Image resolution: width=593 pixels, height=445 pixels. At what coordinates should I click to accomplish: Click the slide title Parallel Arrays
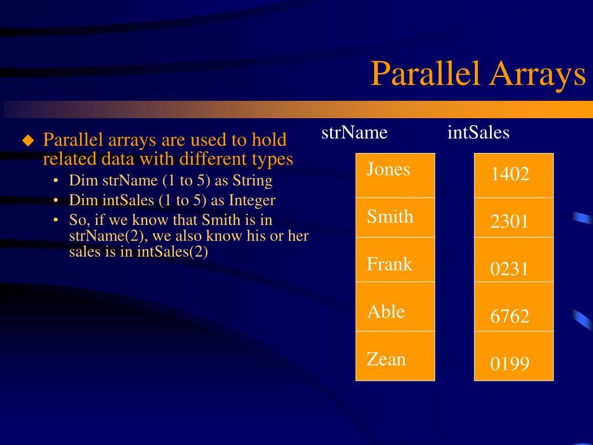coord(478,74)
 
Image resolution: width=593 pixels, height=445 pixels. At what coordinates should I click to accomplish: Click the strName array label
coord(354,133)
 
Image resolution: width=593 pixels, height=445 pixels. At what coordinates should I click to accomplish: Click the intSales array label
coord(478,133)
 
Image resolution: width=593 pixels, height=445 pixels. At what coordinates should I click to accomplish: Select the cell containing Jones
coord(395,175)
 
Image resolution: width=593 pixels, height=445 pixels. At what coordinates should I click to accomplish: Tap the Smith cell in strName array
coord(395,217)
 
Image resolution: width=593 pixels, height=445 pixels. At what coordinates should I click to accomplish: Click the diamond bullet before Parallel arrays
coord(28,140)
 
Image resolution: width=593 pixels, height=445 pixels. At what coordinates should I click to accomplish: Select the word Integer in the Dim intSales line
coord(252,200)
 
